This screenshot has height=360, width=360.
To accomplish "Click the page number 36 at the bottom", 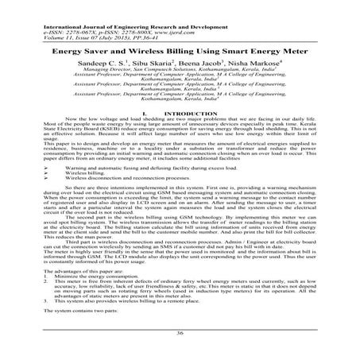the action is (180, 332).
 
